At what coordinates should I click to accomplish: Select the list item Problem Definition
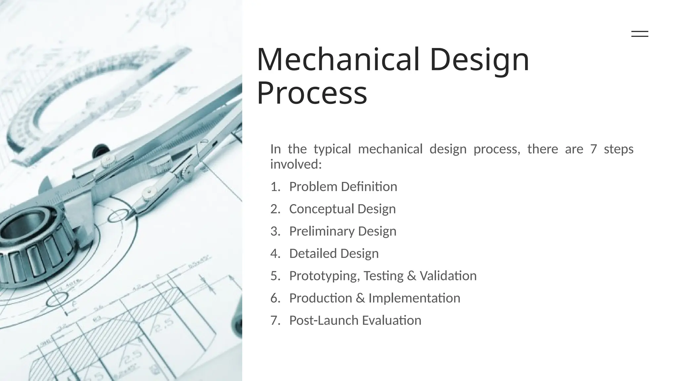[x=343, y=187]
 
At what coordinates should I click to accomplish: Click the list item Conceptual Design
[x=342, y=209]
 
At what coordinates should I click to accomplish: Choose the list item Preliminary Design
[x=343, y=231]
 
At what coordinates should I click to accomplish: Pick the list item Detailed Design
[x=334, y=254]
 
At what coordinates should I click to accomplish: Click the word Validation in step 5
[x=448, y=276]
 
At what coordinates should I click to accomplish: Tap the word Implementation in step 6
[x=414, y=298]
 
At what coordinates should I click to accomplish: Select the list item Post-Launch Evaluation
[x=355, y=320]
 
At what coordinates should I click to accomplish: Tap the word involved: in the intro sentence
[x=296, y=164]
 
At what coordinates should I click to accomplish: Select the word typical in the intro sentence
[x=332, y=149]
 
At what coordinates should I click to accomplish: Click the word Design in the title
[x=479, y=60]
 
